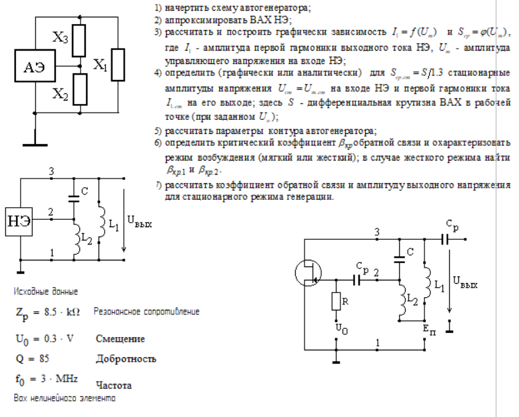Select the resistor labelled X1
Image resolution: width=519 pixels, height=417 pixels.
coord(119,65)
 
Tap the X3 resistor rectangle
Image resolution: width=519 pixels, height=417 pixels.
coord(79,39)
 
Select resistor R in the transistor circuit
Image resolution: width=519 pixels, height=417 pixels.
coord(337,302)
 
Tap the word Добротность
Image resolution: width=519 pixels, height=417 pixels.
coord(126,359)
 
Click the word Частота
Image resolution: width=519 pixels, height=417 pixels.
coord(113,385)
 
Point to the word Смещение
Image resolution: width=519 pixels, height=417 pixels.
coord(120,339)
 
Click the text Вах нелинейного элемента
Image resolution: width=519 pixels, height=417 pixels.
coord(64,398)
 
